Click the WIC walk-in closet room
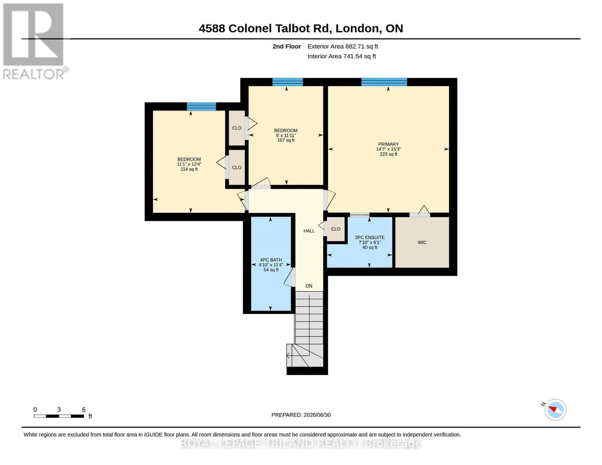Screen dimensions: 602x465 pyautogui.click(x=422, y=242)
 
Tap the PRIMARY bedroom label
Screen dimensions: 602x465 pyautogui.click(x=388, y=144)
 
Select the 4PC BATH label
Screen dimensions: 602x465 pyautogui.click(x=271, y=260)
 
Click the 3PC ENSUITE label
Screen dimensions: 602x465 pyautogui.click(x=369, y=238)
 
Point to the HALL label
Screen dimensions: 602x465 pyautogui.click(x=309, y=231)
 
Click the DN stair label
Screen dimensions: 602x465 pyautogui.click(x=309, y=286)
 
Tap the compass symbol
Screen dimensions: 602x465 pyautogui.click(x=555, y=410)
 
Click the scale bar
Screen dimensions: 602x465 pyautogui.click(x=59, y=416)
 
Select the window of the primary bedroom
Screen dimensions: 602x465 pyautogui.click(x=384, y=82)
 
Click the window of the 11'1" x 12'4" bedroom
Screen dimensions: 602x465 pyautogui.click(x=201, y=107)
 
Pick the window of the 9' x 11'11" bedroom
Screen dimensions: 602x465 pyautogui.click(x=287, y=82)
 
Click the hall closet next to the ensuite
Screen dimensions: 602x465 pyautogui.click(x=335, y=229)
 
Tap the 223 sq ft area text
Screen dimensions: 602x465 pyautogui.click(x=388, y=154)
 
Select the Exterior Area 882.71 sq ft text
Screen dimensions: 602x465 pyautogui.click(x=342, y=46)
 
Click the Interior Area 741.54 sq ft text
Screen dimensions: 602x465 pyautogui.click(x=341, y=56)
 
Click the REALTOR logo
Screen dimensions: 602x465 pyautogui.click(x=35, y=41)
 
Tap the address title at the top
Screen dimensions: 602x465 pyautogui.click(x=301, y=28)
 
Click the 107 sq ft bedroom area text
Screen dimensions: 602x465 pyautogui.click(x=286, y=140)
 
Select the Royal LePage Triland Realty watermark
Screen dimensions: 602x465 pyautogui.click(x=300, y=443)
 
